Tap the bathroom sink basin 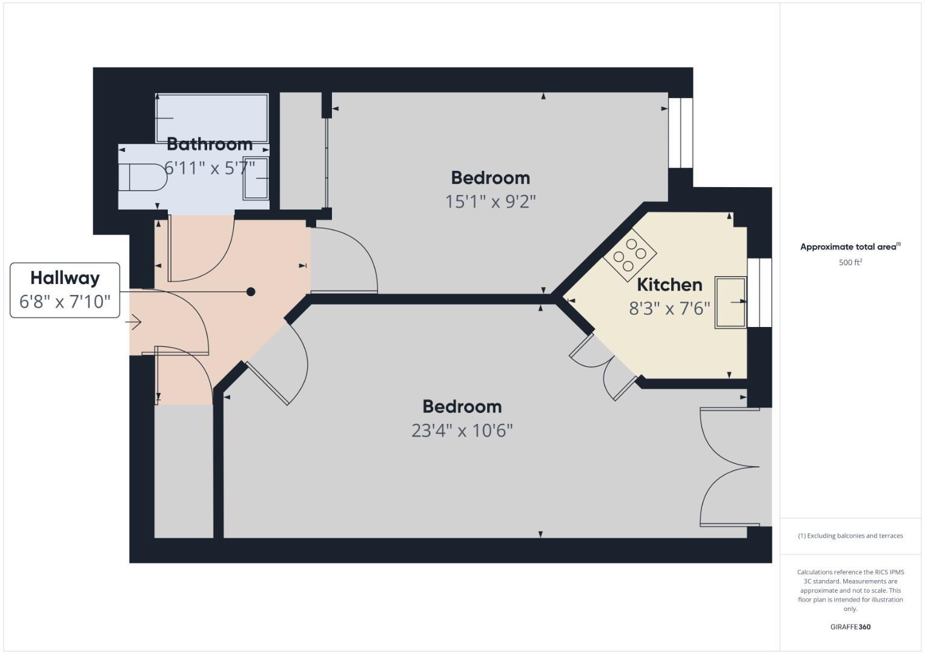click(x=256, y=179)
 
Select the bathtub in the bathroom click(x=212, y=118)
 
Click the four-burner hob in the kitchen click(x=629, y=255)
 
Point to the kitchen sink click(x=731, y=302)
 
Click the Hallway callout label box click(x=65, y=290)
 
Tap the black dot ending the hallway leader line click(x=251, y=292)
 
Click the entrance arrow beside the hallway click(x=134, y=322)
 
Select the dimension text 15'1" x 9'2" click(x=491, y=202)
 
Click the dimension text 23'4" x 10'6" click(x=462, y=431)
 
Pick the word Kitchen click(x=669, y=285)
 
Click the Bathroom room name click(x=210, y=144)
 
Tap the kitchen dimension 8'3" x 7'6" click(x=669, y=309)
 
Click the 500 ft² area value click(x=850, y=262)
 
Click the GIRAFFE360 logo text click(x=850, y=627)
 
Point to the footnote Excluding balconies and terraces click(x=850, y=536)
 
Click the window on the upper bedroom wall click(x=681, y=133)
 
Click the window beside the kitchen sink click(x=760, y=292)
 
